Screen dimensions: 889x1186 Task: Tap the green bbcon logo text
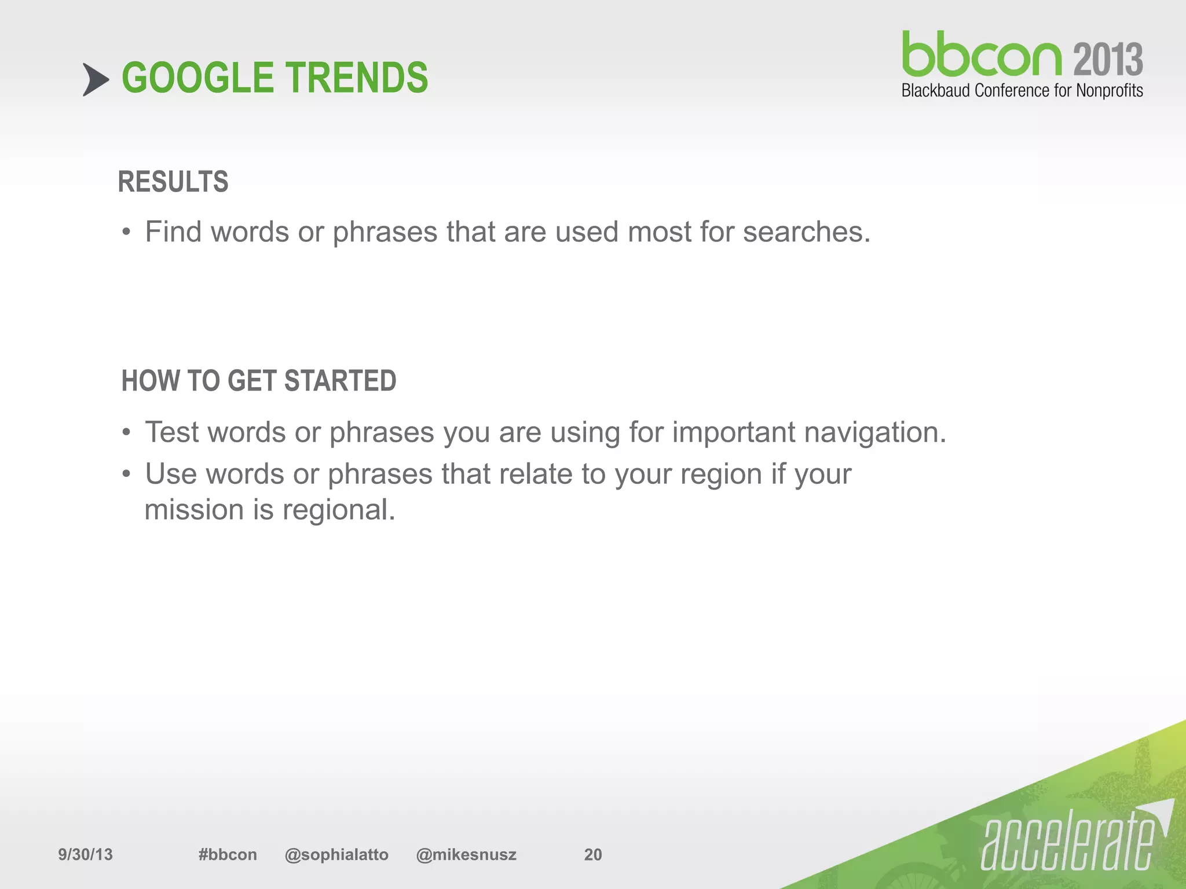point(982,55)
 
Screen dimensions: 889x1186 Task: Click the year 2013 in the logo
point(1108,60)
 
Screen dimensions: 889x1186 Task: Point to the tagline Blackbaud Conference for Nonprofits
point(1022,91)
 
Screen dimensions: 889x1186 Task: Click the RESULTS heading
point(173,182)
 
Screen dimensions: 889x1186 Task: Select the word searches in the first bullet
point(806,232)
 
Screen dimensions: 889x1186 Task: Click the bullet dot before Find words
point(126,233)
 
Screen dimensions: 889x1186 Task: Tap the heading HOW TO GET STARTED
point(258,381)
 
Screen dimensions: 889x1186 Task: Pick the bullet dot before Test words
point(126,434)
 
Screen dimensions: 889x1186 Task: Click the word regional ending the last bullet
point(339,510)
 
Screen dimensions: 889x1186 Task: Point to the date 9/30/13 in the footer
point(85,854)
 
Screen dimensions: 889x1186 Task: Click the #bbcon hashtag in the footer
point(227,854)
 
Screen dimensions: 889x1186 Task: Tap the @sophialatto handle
point(336,854)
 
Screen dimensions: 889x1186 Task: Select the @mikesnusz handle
point(466,854)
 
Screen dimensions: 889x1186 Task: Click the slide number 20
point(592,854)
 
